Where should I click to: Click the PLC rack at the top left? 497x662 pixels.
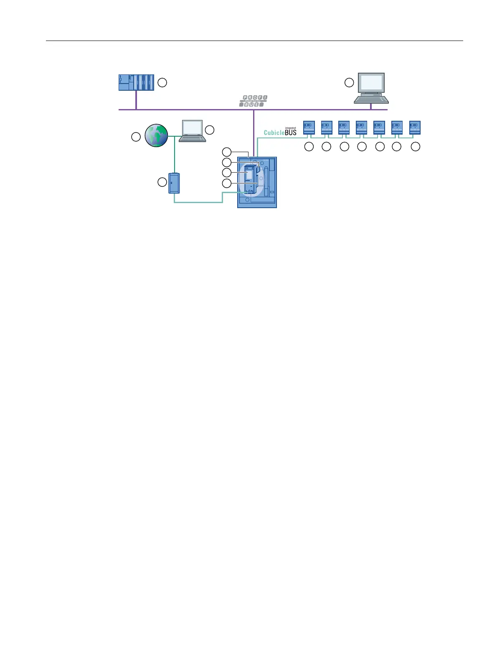click(x=136, y=82)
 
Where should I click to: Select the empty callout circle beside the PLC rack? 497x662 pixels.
click(x=162, y=83)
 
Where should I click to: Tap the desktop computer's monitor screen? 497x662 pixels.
click(x=371, y=82)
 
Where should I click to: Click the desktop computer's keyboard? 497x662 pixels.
click(x=371, y=99)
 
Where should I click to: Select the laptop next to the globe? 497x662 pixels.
click(x=192, y=131)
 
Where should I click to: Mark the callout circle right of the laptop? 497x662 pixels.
click(x=210, y=130)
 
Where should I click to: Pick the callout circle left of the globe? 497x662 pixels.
click(x=136, y=137)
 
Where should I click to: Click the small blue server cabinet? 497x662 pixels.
click(x=174, y=183)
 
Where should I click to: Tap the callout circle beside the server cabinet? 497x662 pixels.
click(x=162, y=182)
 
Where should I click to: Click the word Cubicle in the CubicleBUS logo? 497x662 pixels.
click(x=274, y=132)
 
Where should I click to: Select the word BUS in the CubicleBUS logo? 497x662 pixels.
click(x=291, y=132)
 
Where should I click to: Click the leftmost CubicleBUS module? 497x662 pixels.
click(x=309, y=128)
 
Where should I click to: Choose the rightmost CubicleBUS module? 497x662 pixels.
click(x=415, y=128)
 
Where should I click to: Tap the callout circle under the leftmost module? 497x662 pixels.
click(x=309, y=147)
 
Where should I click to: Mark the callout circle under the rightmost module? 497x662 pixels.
click(x=415, y=147)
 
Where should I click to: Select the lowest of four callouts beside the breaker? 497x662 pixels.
click(x=226, y=183)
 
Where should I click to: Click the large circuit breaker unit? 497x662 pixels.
click(x=257, y=182)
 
